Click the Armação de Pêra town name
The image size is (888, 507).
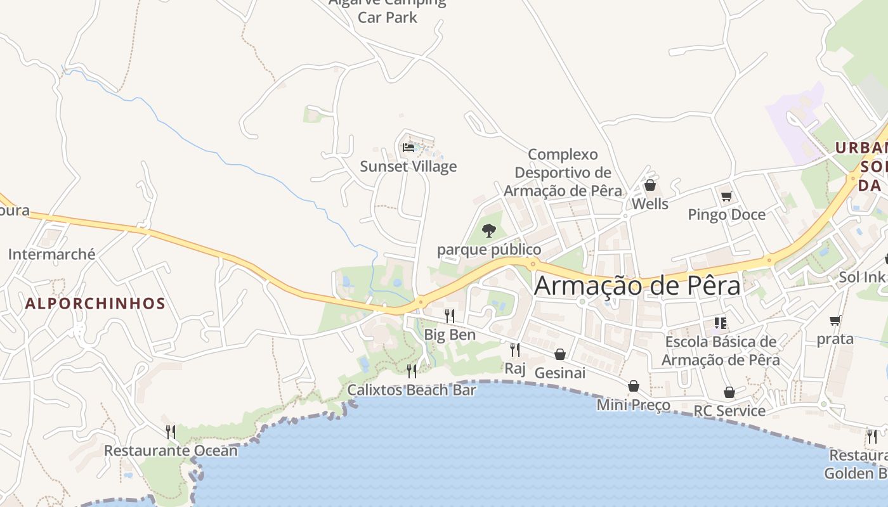637,286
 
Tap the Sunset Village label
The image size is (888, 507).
408,167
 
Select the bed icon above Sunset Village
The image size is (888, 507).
408,148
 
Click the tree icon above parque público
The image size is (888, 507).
488,231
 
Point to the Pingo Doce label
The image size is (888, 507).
727,215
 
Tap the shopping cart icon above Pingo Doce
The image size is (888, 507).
727,196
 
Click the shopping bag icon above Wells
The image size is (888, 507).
650,186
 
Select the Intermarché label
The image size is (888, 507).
52,255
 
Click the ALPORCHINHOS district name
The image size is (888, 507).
95,304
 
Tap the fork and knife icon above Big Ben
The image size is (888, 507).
450,316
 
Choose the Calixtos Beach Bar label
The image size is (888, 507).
412,390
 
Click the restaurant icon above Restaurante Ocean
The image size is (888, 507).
171,432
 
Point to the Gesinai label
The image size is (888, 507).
560,373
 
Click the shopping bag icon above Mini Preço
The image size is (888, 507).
634,386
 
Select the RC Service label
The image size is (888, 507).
729,411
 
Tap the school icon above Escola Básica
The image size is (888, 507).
721,323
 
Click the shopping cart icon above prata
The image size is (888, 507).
835,321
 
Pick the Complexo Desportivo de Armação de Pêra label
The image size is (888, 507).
563,172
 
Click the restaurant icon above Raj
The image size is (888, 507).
515,349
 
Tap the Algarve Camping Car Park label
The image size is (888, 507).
388,10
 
